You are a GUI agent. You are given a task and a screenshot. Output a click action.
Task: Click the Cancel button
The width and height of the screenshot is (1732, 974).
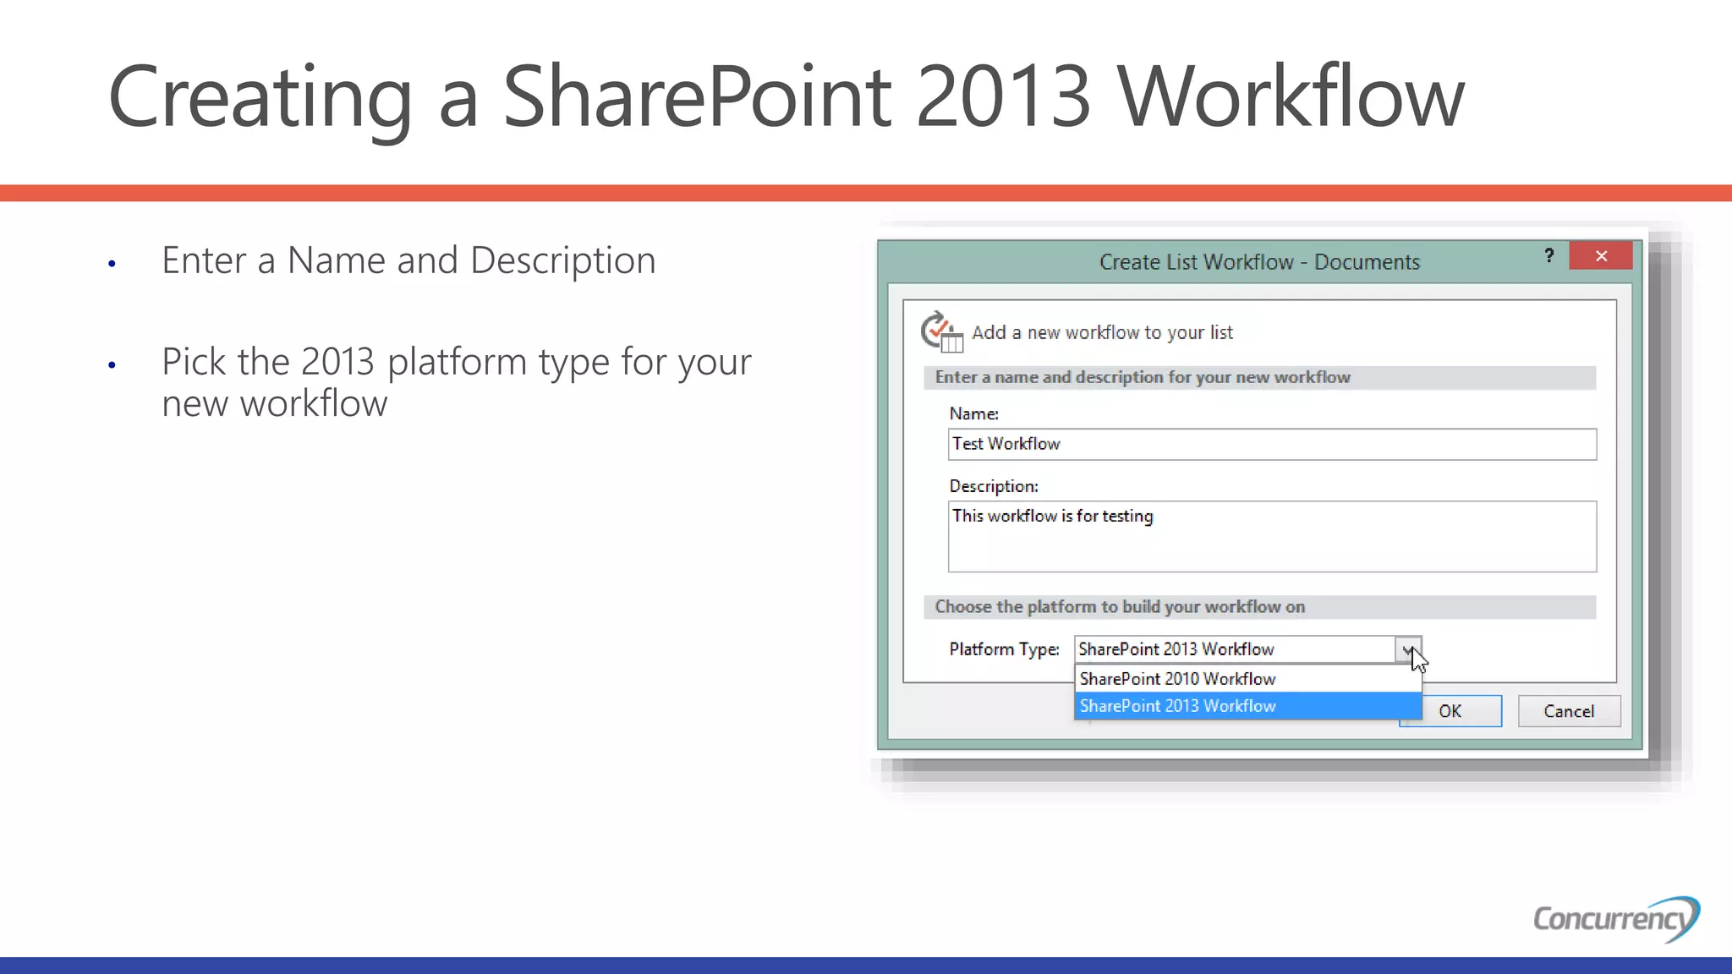click(1569, 711)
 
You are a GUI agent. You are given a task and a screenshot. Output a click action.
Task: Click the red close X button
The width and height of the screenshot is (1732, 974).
click(1600, 256)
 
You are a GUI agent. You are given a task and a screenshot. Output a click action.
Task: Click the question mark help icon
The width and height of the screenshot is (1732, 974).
click(1548, 256)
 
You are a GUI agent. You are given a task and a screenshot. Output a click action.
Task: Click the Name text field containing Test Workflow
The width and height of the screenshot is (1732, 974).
click(1271, 445)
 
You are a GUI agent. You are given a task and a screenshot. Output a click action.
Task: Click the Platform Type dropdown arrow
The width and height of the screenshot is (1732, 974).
click(1408, 649)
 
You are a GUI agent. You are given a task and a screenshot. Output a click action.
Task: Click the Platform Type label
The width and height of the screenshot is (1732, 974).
click(1004, 649)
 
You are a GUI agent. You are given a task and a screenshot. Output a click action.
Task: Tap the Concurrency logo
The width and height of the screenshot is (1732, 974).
click(1614, 918)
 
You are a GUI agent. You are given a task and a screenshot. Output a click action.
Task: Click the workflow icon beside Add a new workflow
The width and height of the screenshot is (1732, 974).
click(941, 331)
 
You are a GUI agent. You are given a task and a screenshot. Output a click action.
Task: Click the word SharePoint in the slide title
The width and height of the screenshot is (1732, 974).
click(697, 97)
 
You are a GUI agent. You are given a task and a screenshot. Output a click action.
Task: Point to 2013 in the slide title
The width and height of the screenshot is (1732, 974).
click(1003, 97)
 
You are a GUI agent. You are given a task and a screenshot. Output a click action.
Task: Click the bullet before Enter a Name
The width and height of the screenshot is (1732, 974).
click(112, 265)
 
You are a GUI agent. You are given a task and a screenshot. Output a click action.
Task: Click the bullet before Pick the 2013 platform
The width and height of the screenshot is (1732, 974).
click(112, 366)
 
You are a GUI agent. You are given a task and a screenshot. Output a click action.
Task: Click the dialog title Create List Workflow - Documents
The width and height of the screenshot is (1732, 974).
click(1258, 262)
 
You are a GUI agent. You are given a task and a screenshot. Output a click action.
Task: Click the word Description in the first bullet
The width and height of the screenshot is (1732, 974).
click(562, 260)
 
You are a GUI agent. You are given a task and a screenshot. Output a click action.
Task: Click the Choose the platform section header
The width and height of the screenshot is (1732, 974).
click(1120, 607)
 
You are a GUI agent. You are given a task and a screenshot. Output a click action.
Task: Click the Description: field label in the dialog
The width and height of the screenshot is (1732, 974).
click(993, 486)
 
